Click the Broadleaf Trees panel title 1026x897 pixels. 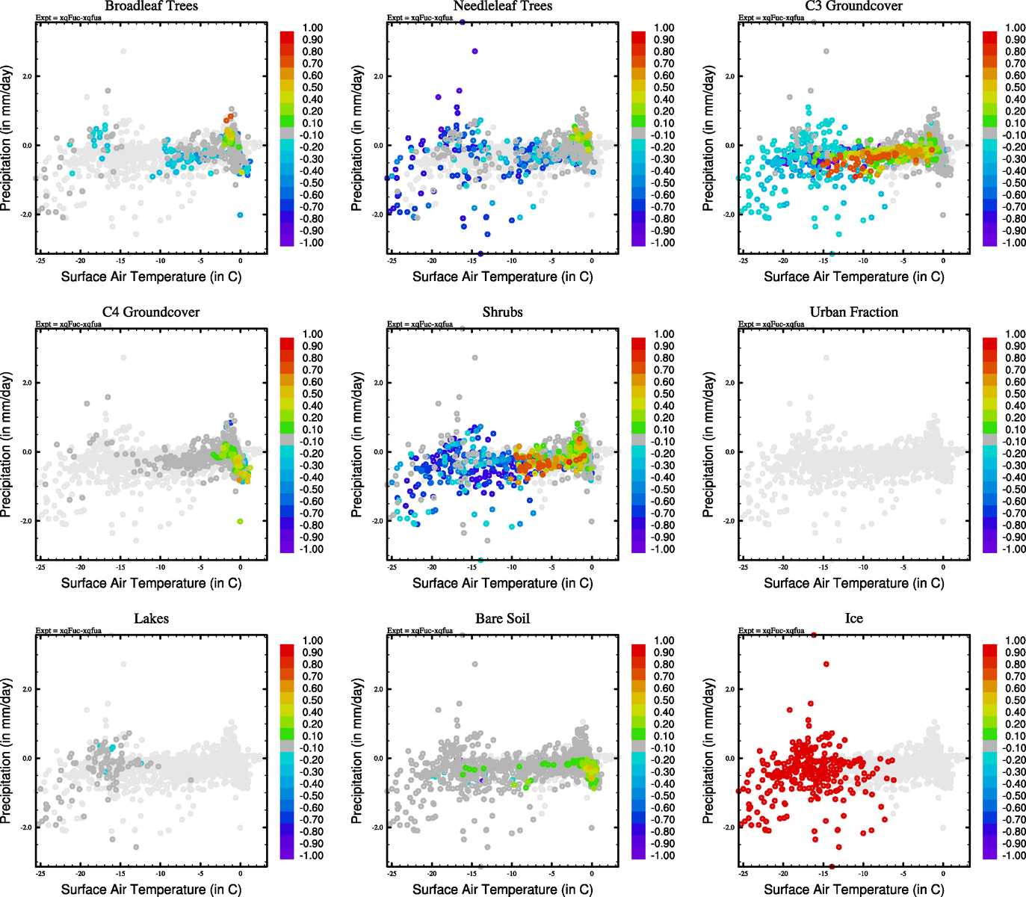151,7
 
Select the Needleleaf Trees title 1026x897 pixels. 502,7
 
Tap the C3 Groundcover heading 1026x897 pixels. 853,7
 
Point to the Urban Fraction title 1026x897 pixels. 853,312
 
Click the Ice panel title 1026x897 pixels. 853,619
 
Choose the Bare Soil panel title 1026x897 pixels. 502,619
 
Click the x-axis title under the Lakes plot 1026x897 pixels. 151,890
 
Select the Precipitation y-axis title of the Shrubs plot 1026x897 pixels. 357,446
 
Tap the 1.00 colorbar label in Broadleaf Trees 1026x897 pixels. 312,28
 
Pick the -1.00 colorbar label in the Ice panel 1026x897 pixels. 1014,855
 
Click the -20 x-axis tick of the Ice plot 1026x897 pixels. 783,873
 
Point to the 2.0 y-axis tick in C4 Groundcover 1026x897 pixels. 26,383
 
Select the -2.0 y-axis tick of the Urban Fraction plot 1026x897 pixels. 729,521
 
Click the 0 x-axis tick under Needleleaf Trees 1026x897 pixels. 592,261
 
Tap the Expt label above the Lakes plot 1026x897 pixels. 69,631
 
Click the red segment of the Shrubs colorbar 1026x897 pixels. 638,344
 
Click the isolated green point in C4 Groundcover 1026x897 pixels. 240,521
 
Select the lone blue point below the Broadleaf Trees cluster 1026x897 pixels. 240,215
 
